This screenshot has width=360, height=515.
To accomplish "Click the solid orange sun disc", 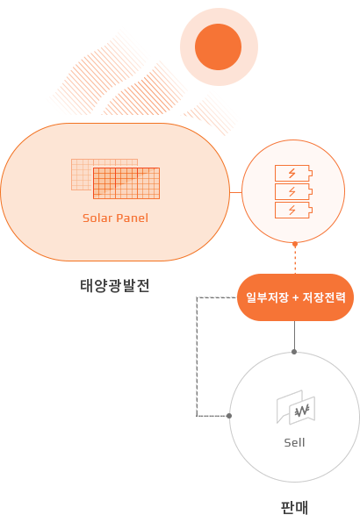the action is [219, 46].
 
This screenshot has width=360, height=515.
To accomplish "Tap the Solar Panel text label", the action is [115, 218].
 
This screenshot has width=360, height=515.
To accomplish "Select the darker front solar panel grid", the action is [126, 183].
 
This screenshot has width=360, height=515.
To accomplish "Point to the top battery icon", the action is [293, 173].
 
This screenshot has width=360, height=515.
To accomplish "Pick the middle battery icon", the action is [293, 192].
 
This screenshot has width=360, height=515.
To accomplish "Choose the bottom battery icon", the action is [293, 211].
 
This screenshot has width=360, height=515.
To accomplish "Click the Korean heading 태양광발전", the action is [115, 285].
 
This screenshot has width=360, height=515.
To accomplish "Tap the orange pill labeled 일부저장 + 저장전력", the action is [295, 297].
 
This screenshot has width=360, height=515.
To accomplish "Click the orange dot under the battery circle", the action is [295, 244].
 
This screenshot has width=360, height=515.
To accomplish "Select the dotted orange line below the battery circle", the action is [295, 260].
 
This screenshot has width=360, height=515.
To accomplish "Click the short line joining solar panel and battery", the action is [235, 192].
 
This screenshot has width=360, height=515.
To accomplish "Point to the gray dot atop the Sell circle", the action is [294, 352].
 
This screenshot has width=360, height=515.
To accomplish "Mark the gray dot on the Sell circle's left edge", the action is [229, 416].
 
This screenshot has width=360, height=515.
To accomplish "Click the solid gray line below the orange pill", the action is [294, 335].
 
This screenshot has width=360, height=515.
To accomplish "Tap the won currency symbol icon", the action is [302, 411].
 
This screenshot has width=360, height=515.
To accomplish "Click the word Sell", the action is [294, 443].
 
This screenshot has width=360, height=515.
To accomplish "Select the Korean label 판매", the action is [294, 507].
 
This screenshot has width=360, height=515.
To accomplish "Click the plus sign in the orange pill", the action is [295, 298].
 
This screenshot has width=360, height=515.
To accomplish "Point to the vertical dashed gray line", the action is [197, 357].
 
